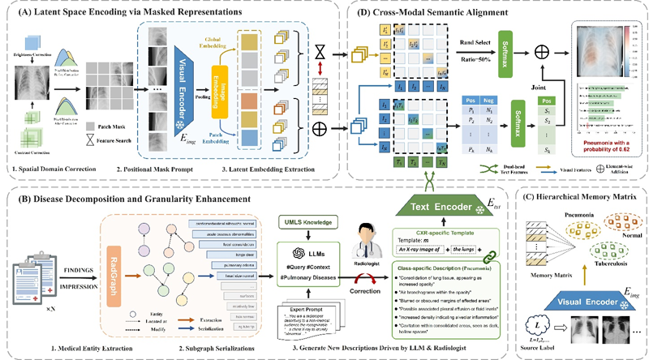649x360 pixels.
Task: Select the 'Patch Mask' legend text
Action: [108, 126]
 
